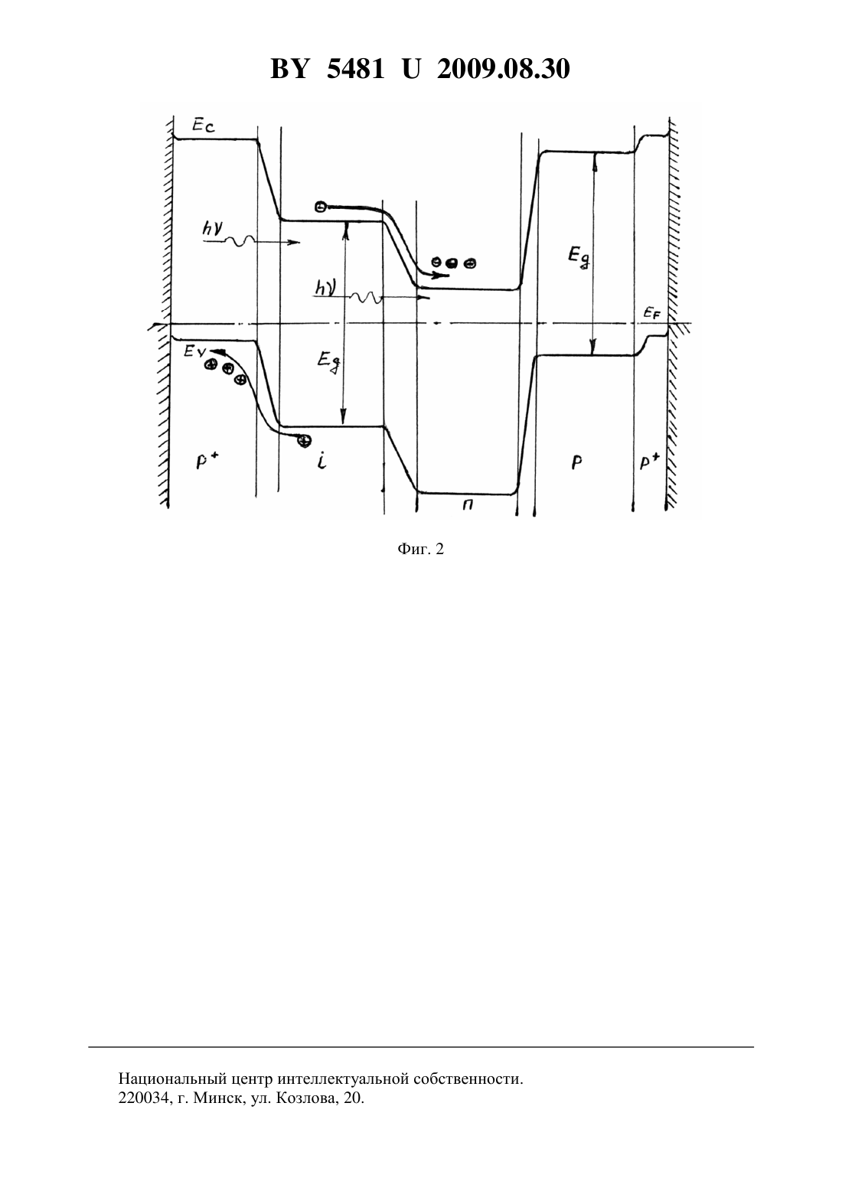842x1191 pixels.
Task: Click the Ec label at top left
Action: coord(204,126)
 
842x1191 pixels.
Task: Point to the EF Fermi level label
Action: coord(652,314)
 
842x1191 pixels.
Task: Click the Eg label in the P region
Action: coord(579,257)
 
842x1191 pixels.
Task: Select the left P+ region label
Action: coord(204,462)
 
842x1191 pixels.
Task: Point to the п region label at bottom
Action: coord(468,506)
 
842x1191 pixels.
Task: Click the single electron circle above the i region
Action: coord(320,207)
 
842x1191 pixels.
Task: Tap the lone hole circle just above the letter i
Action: coord(304,440)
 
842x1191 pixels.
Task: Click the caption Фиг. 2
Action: coord(420,550)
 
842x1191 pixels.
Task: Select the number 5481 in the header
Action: coord(355,69)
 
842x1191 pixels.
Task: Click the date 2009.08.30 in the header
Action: coord(504,69)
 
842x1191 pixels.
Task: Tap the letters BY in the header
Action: coord(289,69)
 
